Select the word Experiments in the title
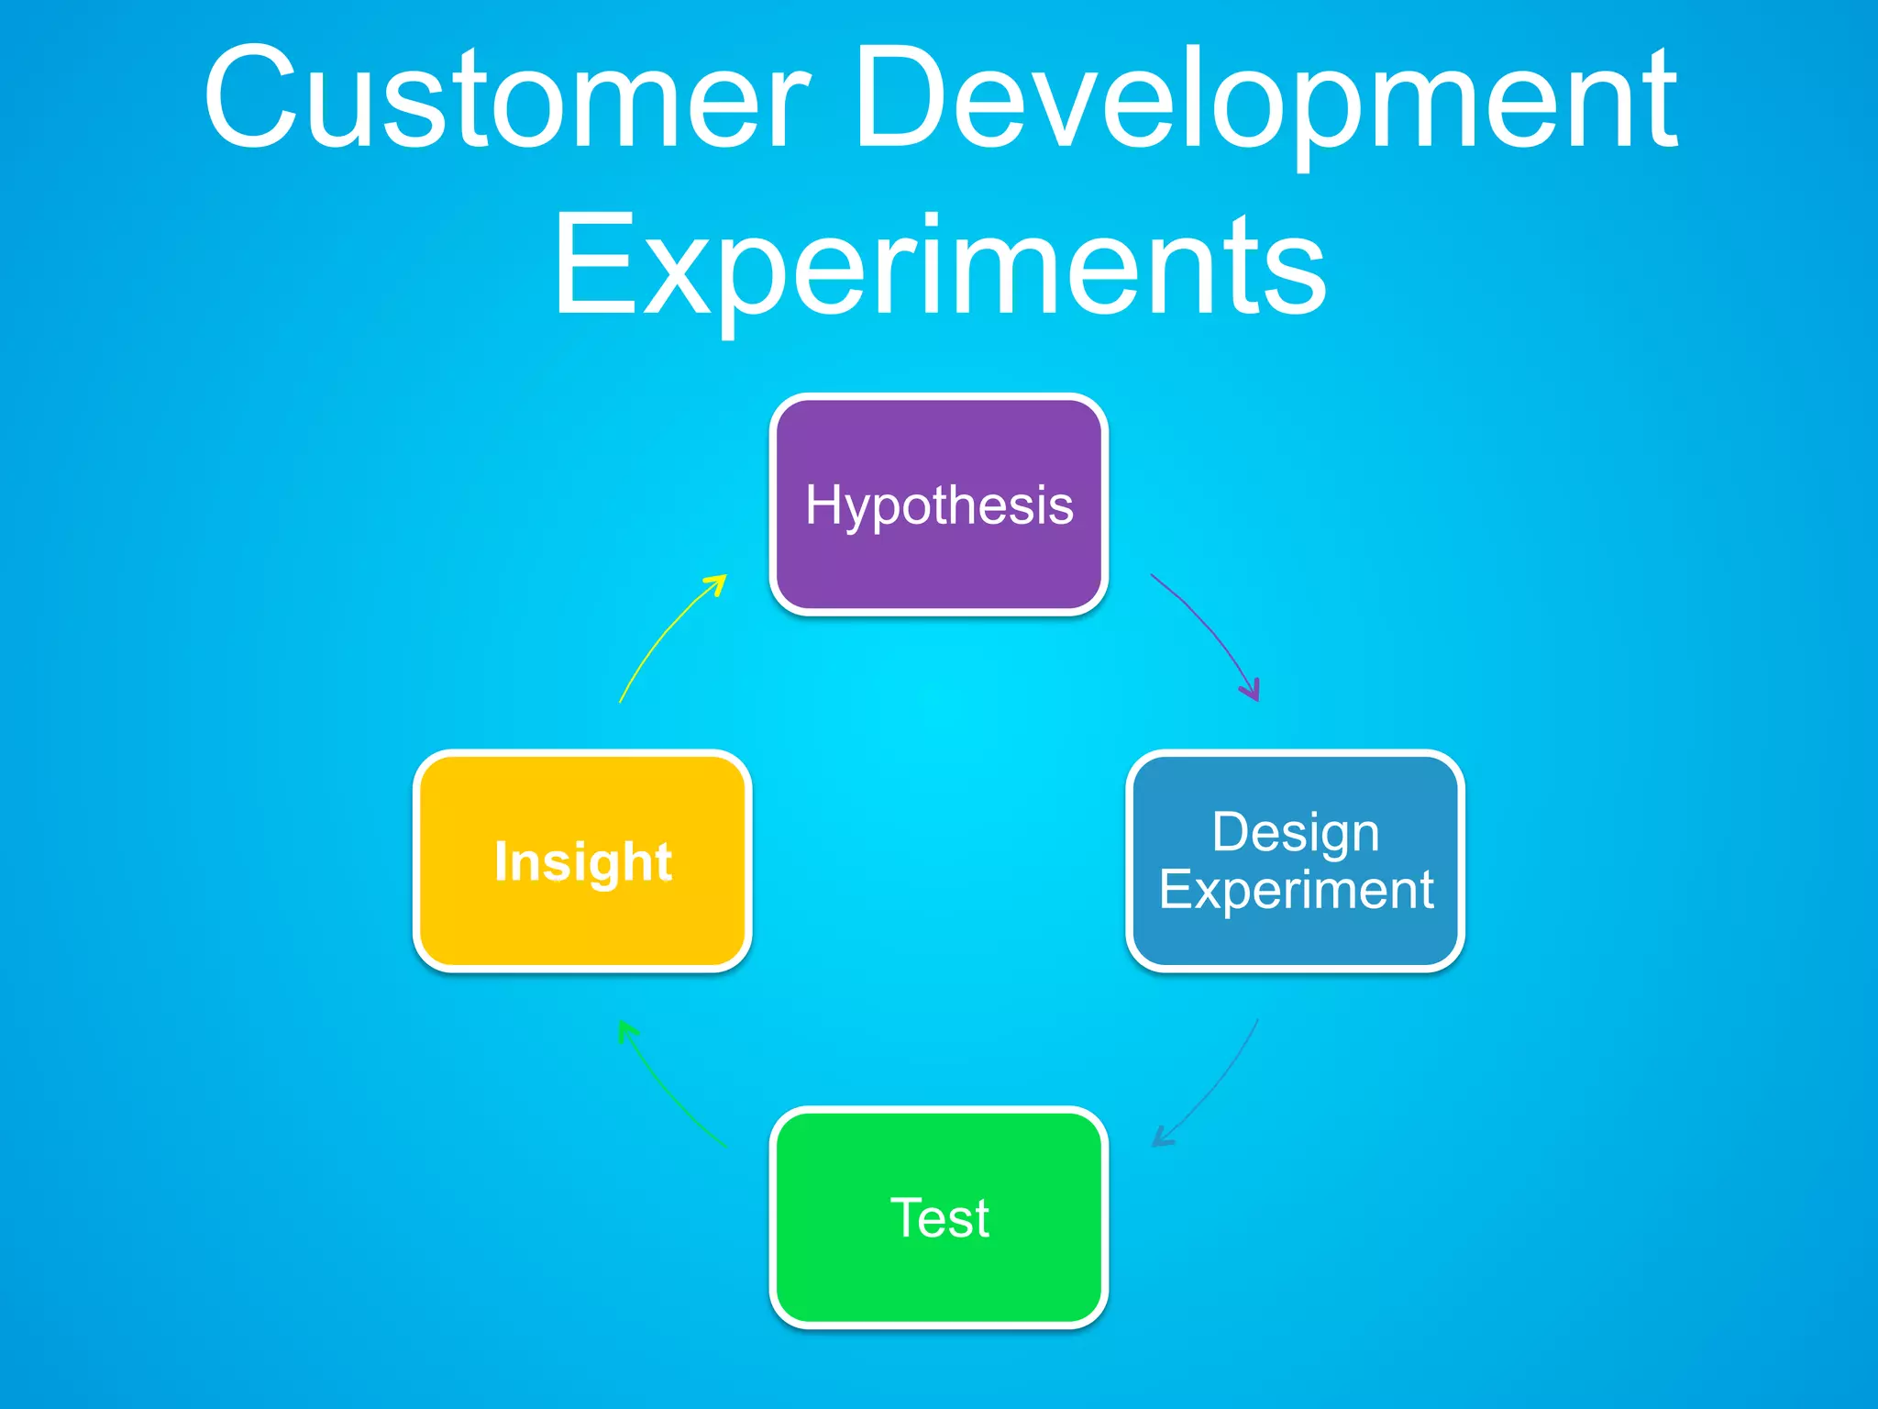939,266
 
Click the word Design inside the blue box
1295,833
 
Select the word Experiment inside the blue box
1295,890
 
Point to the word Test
939,1218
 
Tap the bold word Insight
583,861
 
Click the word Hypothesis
939,505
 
